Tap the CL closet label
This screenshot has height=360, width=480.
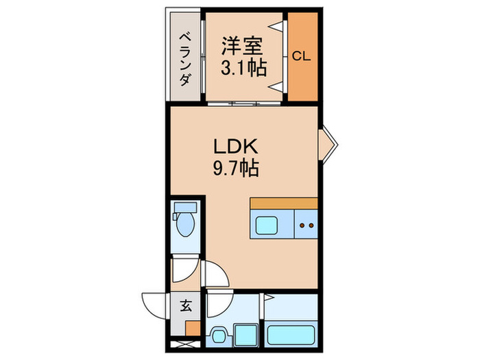[x=302, y=57]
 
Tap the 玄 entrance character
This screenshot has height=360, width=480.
[x=186, y=306]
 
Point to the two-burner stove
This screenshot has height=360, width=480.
[x=307, y=224]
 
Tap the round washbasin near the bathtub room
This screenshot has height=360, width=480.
[x=218, y=336]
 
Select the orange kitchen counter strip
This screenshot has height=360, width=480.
[x=284, y=203]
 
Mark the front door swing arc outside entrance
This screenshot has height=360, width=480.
[x=154, y=304]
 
